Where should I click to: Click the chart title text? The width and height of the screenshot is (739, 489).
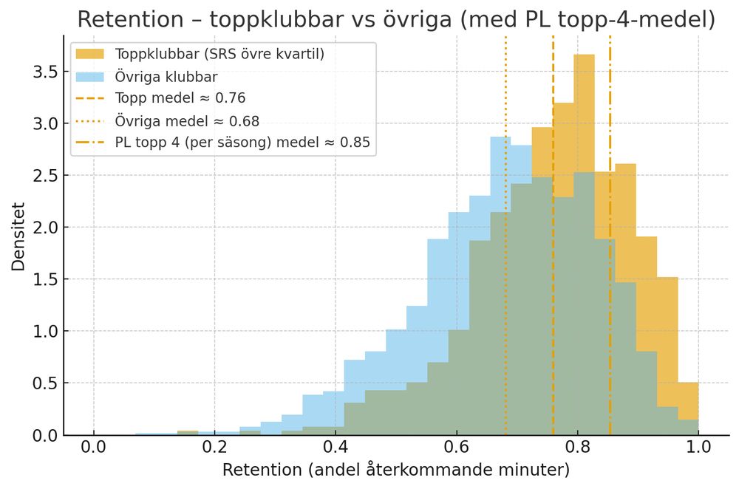tap(396, 20)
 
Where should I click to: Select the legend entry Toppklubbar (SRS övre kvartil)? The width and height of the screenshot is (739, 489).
tap(220, 55)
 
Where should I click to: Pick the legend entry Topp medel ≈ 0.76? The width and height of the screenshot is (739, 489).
tap(180, 98)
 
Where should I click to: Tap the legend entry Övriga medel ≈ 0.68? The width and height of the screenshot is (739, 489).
tap(187, 120)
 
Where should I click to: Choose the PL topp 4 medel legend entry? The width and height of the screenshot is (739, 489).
tap(242, 142)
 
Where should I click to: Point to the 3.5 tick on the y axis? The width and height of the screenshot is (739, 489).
tap(44, 72)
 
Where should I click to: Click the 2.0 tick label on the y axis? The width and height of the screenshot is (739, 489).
tap(44, 228)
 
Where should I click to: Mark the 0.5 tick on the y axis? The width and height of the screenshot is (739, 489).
tap(44, 383)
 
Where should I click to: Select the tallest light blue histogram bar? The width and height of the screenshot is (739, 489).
tap(500, 222)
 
